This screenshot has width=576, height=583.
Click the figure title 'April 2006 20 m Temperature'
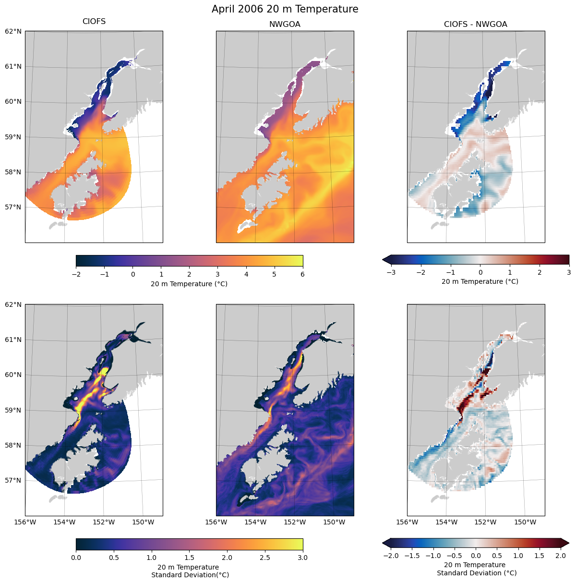pyautogui.click(x=285, y=9)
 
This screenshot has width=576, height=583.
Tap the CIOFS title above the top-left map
pyautogui.click(x=94, y=22)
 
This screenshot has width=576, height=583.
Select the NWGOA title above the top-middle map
pyautogui.click(x=285, y=24)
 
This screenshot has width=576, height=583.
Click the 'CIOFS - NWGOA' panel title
pyautogui.click(x=475, y=24)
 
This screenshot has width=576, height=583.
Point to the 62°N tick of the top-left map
pyautogui.click(x=13, y=31)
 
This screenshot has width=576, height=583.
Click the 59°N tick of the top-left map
pyautogui.click(x=13, y=137)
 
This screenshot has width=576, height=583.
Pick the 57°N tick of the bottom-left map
pyautogui.click(x=13, y=480)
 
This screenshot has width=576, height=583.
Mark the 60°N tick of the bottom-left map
pyautogui.click(x=13, y=375)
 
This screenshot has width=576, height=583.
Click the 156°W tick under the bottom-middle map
pyautogui.click(x=216, y=522)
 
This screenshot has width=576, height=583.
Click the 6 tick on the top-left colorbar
pyautogui.click(x=303, y=274)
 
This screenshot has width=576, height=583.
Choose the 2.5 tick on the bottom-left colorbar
pyautogui.click(x=265, y=558)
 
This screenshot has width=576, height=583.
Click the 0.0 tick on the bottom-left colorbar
pyautogui.click(x=76, y=558)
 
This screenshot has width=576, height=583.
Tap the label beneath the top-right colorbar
pyautogui.click(x=480, y=281)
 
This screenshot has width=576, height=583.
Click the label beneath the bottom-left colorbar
pyautogui.click(x=190, y=571)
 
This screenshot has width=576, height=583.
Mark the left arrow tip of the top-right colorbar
pyautogui.click(x=383, y=260)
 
